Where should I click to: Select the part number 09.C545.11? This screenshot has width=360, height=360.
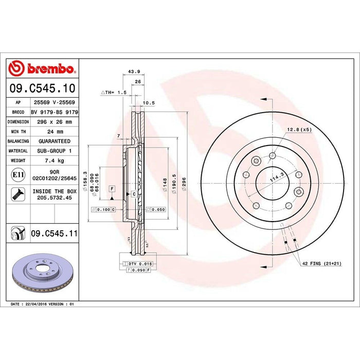[54, 233]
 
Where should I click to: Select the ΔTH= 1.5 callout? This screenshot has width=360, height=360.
[113, 92]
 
